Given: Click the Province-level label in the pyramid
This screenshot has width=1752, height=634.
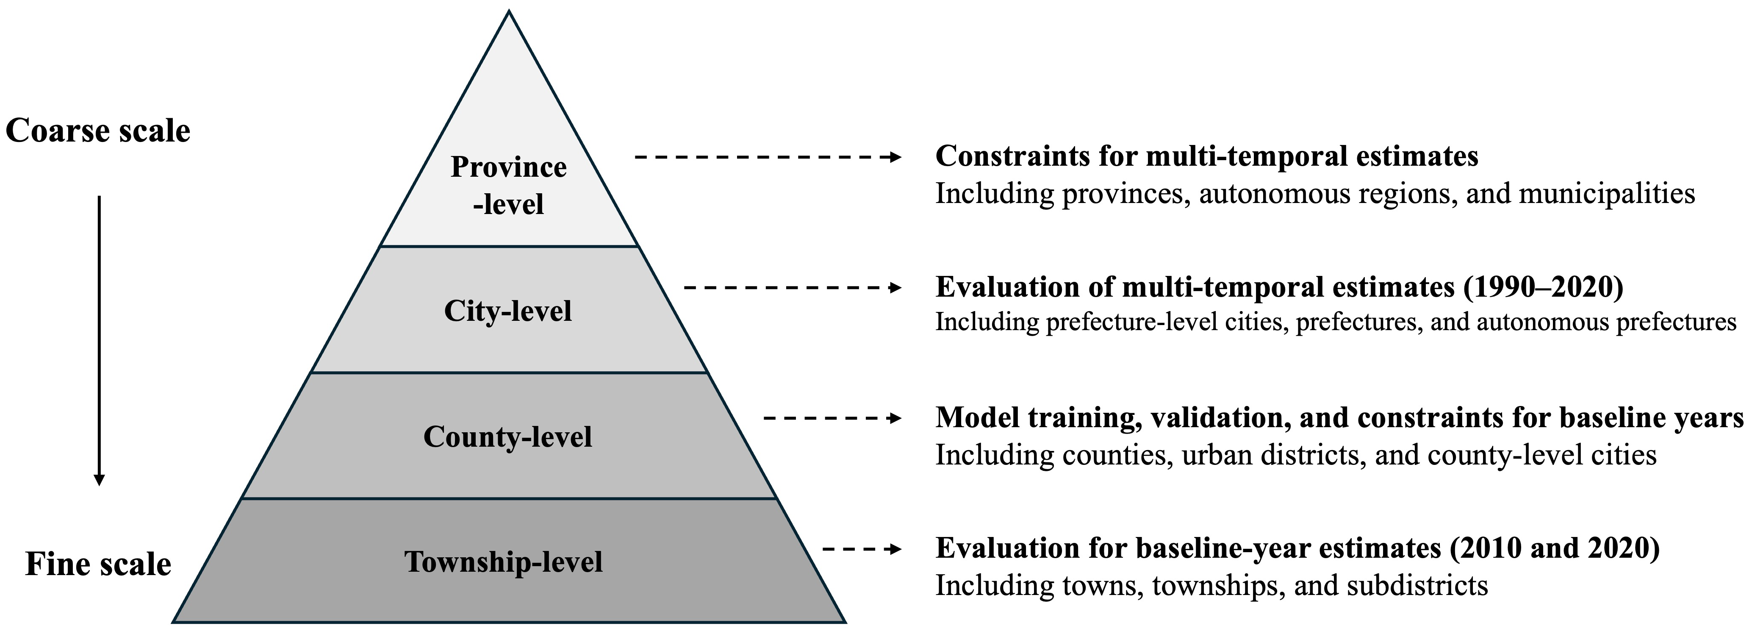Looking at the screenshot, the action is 509,185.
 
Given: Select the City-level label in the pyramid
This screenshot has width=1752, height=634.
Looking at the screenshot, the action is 508,311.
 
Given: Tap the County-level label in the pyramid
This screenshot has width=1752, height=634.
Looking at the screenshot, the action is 507,437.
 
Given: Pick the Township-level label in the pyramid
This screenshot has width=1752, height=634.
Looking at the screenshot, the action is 504,562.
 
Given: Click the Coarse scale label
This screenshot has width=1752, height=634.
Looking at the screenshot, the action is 98,131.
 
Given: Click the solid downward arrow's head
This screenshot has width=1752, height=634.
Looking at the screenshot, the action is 99,480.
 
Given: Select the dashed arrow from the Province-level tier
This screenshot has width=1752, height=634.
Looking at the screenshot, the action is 768,157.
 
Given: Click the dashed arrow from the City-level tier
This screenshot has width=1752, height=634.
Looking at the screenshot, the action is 793,288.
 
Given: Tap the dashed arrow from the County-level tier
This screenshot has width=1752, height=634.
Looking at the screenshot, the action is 833,418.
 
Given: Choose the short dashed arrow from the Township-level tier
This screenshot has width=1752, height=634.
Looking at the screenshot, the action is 862,549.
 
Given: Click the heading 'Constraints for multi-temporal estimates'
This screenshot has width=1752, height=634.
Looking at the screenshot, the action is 1206,156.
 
